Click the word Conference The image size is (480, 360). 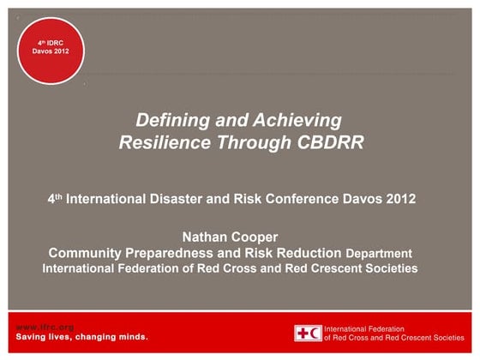(x=300, y=199)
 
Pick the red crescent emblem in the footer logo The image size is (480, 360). (x=315, y=333)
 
